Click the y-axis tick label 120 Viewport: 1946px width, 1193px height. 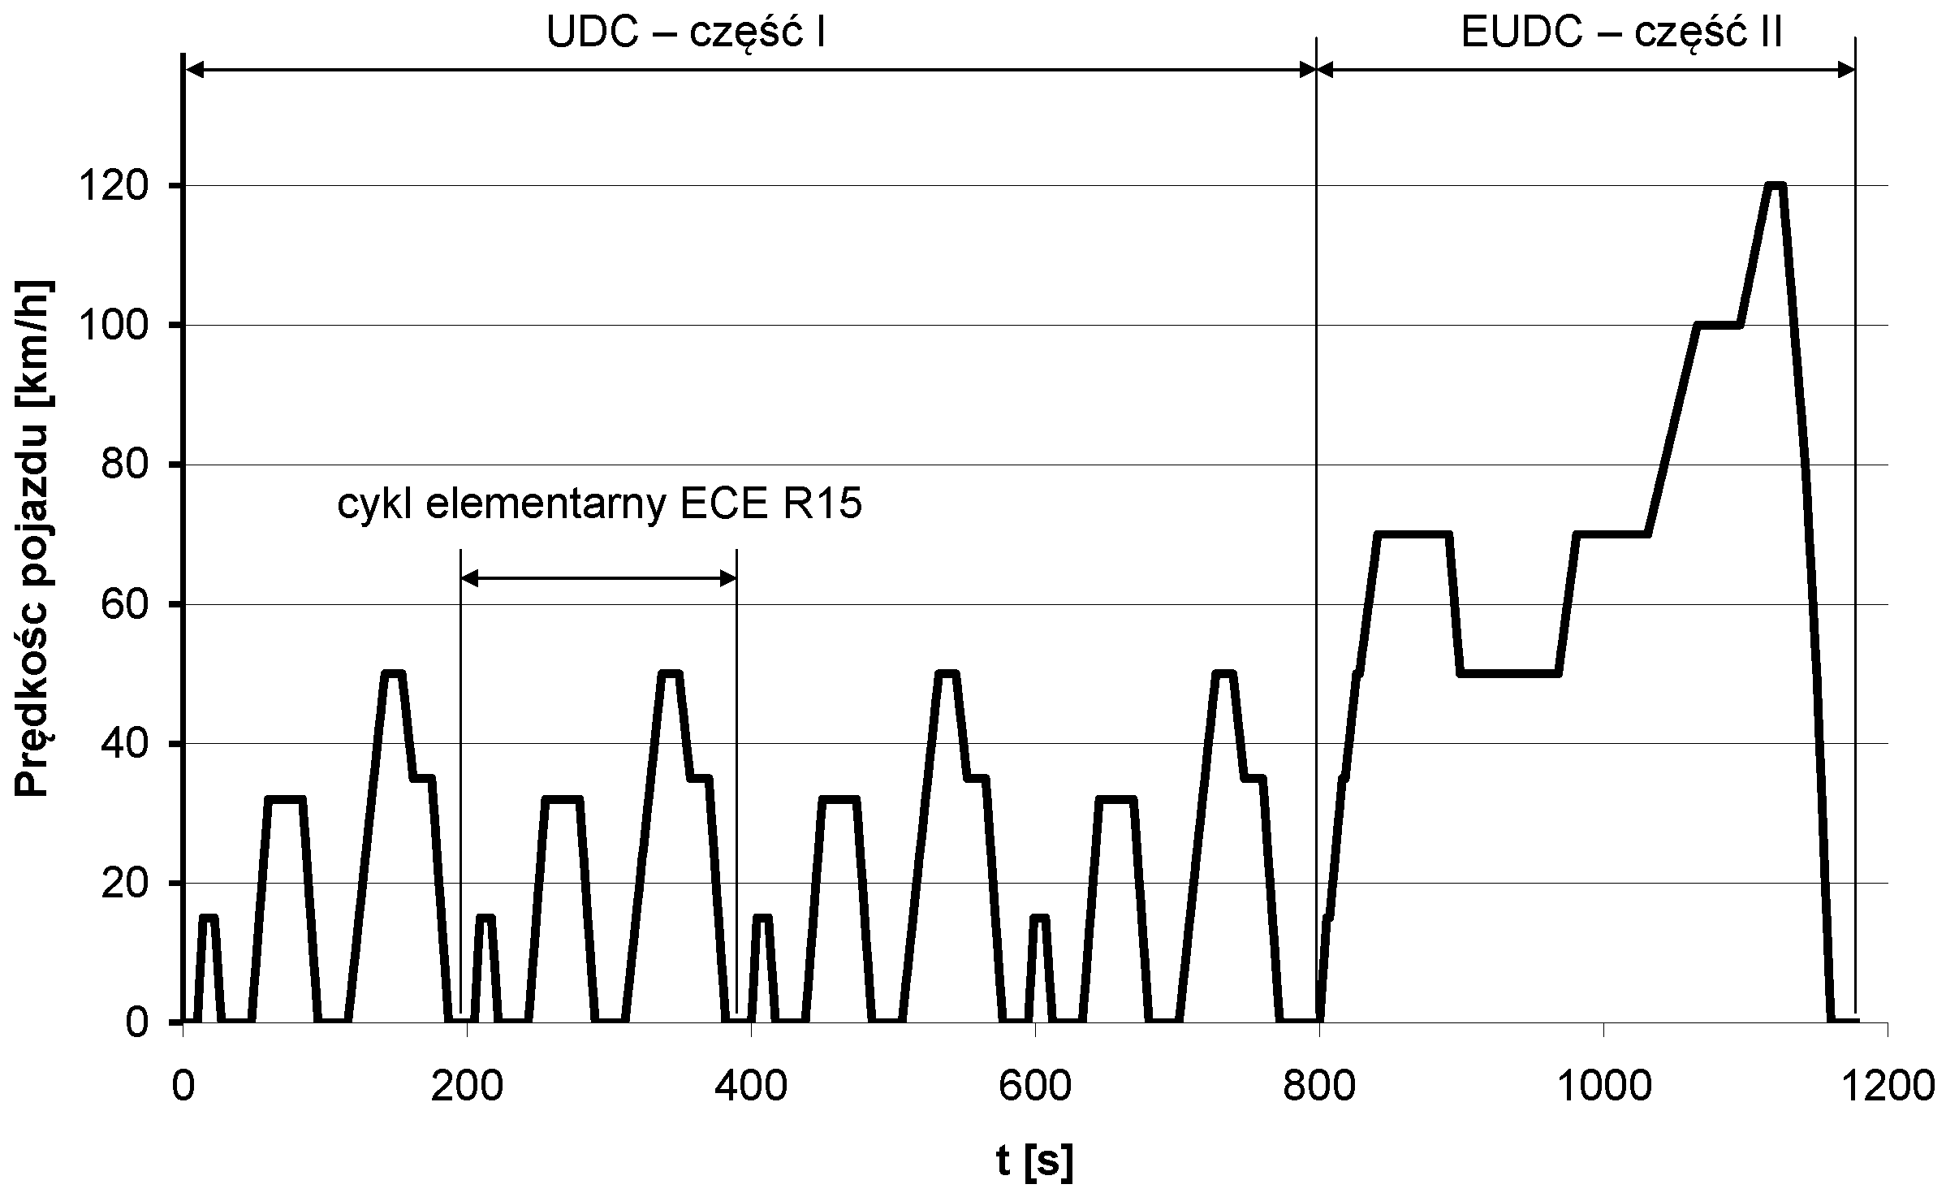point(123,187)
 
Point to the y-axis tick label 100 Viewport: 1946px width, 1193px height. point(123,326)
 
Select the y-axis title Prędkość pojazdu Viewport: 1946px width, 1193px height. point(34,540)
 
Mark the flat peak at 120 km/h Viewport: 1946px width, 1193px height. point(1776,187)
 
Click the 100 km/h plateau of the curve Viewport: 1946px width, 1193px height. point(1718,326)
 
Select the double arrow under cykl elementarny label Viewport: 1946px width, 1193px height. point(599,578)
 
